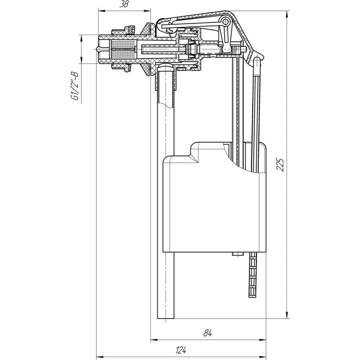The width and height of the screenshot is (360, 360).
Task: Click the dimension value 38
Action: point(124,4)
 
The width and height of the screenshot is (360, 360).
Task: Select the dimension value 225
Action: point(280,164)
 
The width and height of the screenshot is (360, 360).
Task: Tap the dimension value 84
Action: point(207,333)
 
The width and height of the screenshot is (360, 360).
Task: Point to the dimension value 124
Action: point(181,350)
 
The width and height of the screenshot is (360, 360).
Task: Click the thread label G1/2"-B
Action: point(75,86)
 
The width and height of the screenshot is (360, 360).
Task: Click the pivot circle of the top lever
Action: point(226,22)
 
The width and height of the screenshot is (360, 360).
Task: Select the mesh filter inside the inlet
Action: point(124,49)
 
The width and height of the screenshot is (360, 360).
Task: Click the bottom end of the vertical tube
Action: point(166,319)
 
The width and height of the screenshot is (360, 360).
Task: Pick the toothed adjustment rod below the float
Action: point(253,275)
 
